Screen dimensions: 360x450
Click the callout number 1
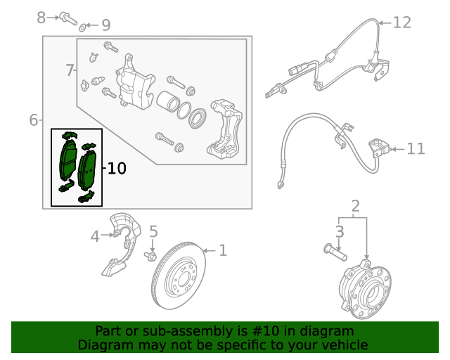tap(223, 250)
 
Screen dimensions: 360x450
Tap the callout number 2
tap(355, 206)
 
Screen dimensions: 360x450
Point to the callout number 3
tap(340, 231)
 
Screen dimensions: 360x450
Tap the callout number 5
tap(153, 231)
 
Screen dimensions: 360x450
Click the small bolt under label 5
tap(150, 255)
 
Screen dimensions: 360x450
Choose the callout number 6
tap(33, 120)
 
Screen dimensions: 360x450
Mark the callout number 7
tap(70, 70)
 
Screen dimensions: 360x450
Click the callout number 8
tap(41, 15)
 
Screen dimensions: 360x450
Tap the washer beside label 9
tap(83, 27)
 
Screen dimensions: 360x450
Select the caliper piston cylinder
tap(169, 103)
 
